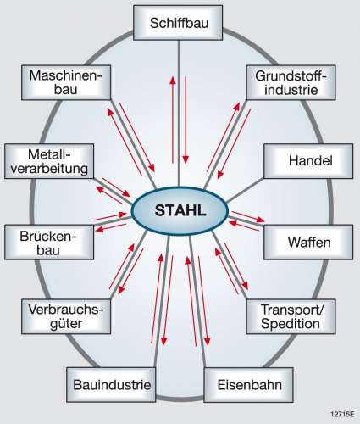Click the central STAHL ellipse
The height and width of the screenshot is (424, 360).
(180, 210)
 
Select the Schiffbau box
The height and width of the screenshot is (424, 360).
(178, 23)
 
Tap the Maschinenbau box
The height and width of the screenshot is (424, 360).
(66, 82)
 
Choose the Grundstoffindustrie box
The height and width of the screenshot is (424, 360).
(291, 82)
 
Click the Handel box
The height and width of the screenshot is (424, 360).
(308, 161)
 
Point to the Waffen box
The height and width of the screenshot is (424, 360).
(308, 243)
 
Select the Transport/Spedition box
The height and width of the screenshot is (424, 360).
(291, 316)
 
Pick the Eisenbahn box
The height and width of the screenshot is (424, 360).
(248, 385)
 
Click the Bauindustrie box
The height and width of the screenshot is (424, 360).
(111, 385)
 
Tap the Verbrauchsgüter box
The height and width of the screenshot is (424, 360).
(66, 316)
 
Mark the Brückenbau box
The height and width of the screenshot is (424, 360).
(49, 243)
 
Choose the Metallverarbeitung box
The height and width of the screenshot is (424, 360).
(49, 161)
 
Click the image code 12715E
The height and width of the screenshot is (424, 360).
(342, 415)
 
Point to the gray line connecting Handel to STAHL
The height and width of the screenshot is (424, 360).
(245, 190)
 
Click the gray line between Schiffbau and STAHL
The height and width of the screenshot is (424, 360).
(179, 113)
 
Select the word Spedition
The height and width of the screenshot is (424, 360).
(291, 324)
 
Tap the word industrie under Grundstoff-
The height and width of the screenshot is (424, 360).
(291, 90)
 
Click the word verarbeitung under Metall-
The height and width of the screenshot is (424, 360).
(49, 169)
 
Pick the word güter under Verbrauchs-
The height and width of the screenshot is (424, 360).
(66, 324)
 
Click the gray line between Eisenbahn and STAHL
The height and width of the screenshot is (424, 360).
(198, 301)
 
